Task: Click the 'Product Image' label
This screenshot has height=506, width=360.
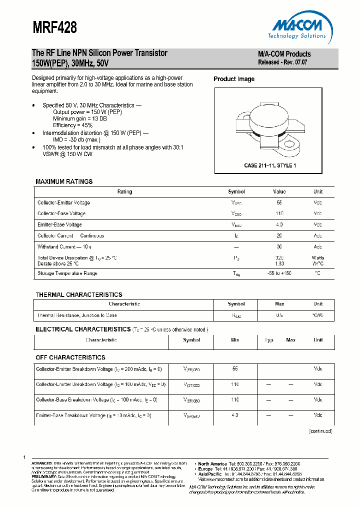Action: (234, 79)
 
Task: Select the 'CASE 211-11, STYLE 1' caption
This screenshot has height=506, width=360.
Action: (270, 165)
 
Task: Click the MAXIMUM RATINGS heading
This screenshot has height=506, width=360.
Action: (64, 181)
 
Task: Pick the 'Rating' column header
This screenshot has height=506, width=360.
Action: (124, 192)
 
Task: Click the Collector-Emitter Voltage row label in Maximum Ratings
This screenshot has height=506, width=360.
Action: (63, 203)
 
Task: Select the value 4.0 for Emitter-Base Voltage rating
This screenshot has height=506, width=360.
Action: (279, 225)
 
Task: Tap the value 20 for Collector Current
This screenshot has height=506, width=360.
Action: (279, 236)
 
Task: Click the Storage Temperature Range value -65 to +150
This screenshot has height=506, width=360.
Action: (279, 273)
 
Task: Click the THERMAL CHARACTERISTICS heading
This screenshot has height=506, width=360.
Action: (78, 294)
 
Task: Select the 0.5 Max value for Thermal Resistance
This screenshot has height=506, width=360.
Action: (279, 315)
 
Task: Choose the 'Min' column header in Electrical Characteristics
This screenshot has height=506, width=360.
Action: (235, 340)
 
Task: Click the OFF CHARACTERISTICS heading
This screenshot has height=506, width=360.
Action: (70, 357)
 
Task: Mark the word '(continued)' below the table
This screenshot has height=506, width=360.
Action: (320, 431)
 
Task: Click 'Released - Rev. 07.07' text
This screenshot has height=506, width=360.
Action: (282, 62)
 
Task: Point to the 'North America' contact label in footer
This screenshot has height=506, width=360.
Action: (212, 464)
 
